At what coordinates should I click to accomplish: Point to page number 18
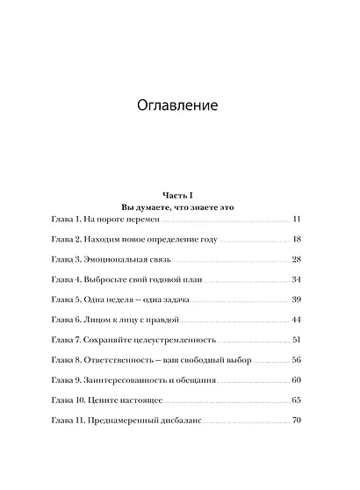click(x=296, y=239)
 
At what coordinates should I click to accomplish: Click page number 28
click(x=296, y=259)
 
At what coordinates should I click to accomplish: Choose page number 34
click(x=296, y=279)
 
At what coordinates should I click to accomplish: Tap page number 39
click(x=296, y=299)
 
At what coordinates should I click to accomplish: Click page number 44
click(x=296, y=320)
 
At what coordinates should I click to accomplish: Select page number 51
click(x=296, y=340)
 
